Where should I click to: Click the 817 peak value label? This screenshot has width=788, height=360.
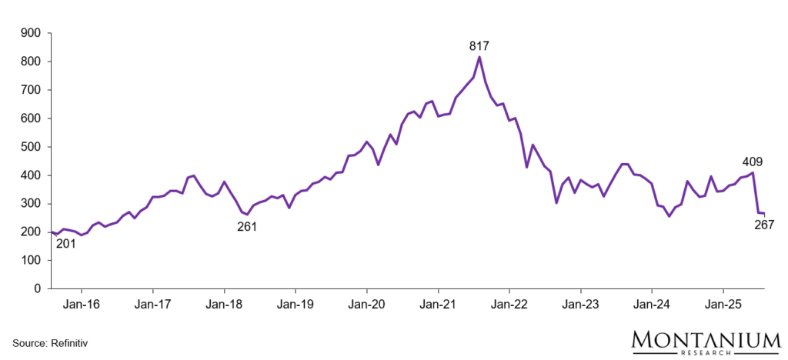[x=479, y=46]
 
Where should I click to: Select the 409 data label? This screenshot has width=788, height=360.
[x=753, y=162]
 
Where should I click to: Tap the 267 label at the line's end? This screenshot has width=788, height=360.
[x=763, y=225]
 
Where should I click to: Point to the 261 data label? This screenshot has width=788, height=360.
[x=246, y=226]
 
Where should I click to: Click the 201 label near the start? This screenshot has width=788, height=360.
[x=67, y=245]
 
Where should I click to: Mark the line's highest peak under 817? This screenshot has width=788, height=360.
[x=479, y=57]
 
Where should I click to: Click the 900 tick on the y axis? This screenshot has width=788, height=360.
[x=30, y=33]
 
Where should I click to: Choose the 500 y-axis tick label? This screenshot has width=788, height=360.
[x=30, y=147]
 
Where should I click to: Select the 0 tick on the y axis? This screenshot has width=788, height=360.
[x=36, y=288]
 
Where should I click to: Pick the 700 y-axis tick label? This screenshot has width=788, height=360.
[x=30, y=90]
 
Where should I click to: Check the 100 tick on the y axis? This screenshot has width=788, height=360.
[x=30, y=260]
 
